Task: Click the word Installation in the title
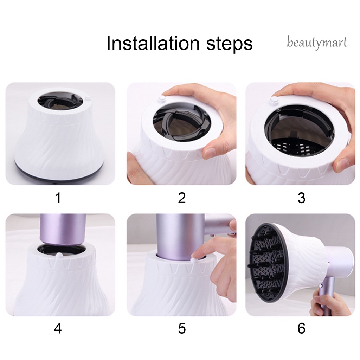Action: [x=153, y=43]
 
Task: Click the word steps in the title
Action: [x=229, y=44]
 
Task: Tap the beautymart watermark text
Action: [x=317, y=43]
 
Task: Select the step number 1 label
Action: [x=58, y=198]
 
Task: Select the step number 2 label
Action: [x=182, y=198]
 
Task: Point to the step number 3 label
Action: [x=301, y=198]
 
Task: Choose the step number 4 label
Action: [x=58, y=328]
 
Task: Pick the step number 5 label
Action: [x=182, y=328]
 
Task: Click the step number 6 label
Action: [x=301, y=328]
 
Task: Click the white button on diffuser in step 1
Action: [x=88, y=98]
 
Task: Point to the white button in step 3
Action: [x=274, y=99]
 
